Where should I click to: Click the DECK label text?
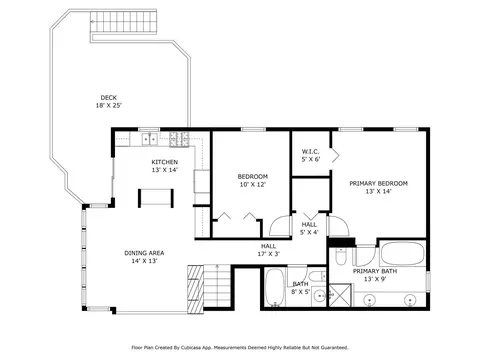(x=109, y=98)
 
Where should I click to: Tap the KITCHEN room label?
(x=165, y=162)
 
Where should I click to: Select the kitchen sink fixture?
(x=150, y=139)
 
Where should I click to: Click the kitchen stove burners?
(x=179, y=139)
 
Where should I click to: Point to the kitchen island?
(x=156, y=198)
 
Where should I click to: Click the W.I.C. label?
(x=311, y=152)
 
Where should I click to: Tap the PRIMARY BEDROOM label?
(x=378, y=183)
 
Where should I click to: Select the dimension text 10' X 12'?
(x=253, y=184)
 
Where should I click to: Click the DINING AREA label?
(x=144, y=253)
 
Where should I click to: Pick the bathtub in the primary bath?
(x=403, y=253)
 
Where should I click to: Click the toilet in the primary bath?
(x=340, y=256)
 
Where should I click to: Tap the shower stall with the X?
(x=340, y=295)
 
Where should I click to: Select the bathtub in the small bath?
(x=275, y=288)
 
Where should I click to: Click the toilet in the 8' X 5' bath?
(x=317, y=276)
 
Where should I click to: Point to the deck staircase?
(x=124, y=21)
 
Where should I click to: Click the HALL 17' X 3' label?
(x=268, y=250)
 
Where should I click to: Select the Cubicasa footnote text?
(x=240, y=348)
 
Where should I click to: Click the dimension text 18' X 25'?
(x=109, y=105)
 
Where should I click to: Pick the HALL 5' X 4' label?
(x=309, y=228)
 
